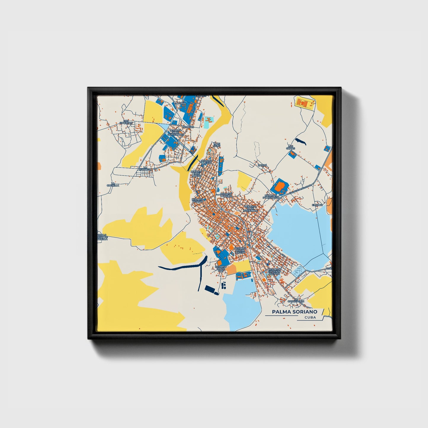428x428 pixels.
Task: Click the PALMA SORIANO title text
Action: [x=295, y=312]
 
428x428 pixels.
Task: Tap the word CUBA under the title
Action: [x=310, y=318]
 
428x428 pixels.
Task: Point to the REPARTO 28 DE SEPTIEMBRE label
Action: [x=176, y=132]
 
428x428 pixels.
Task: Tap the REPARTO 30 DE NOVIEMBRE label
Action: [x=251, y=209]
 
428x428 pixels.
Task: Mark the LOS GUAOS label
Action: [x=291, y=147]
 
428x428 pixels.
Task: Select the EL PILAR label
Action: [x=317, y=205]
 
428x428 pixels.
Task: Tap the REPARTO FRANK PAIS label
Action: [x=221, y=269]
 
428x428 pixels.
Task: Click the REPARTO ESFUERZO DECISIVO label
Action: [x=274, y=272]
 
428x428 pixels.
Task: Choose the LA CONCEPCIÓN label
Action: [x=296, y=300]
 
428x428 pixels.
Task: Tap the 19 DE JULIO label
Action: [x=217, y=145]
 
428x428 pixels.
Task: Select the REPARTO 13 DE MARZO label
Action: [x=196, y=173]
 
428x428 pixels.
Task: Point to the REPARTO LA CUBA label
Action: [x=207, y=162]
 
